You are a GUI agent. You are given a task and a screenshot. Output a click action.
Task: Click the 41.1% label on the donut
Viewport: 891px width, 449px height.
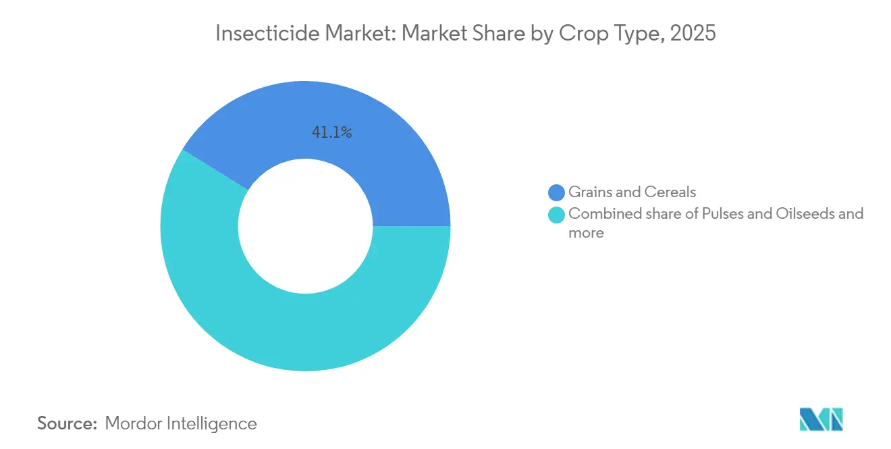pyautogui.click(x=331, y=133)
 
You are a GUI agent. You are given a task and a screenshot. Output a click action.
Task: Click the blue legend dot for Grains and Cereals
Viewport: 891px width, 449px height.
pyautogui.click(x=557, y=192)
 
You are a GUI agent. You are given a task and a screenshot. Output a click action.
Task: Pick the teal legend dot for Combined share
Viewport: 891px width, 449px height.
pyautogui.click(x=557, y=215)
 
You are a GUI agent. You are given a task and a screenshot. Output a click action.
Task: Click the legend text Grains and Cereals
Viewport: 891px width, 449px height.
pyautogui.click(x=632, y=192)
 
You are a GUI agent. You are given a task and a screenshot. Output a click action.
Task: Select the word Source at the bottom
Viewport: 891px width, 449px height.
pyautogui.click(x=65, y=423)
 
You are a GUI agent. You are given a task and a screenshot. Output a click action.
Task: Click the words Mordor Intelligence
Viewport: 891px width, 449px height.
pyautogui.click(x=181, y=423)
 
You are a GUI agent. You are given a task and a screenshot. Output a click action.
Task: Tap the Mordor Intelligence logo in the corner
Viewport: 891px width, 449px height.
pyautogui.click(x=821, y=419)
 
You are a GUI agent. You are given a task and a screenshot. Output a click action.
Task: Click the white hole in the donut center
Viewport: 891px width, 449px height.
pyautogui.click(x=305, y=226)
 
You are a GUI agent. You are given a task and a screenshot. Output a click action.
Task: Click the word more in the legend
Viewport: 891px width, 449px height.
pyautogui.click(x=586, y=234)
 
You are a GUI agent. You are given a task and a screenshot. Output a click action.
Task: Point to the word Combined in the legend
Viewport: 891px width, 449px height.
pyautogui.click(x=600, y=214)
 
